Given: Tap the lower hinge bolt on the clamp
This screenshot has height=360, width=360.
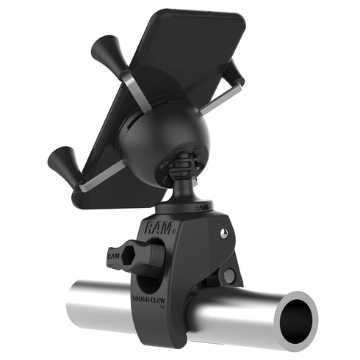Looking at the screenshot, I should click(x=229, y=276).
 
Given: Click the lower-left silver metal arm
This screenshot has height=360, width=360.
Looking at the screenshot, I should click(x=103, y=175).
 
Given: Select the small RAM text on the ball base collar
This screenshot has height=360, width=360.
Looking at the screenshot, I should click(x=203, y=208).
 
